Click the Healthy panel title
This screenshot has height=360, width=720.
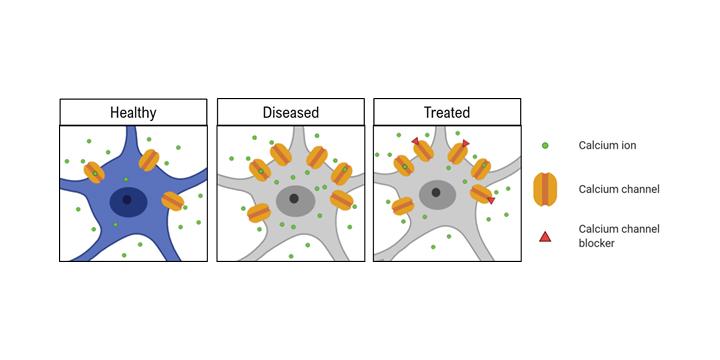pyautogui.click(x=133, y=112)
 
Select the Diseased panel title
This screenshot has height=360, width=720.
pyautogui.click(x=291, y=112)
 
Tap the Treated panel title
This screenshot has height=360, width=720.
pyautogui.click(x=447, y=112)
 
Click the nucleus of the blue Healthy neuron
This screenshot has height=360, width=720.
pyautogui.click(x=129, y=201)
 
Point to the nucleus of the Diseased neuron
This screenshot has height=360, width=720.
pyautogui.click(x=295, y=200)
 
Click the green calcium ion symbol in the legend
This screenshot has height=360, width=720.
pyautogui.click(x=545, y=146)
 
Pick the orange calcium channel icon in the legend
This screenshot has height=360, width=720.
pyautogui.click(x=545, y=189)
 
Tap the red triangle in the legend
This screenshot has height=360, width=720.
pyautogui.click(x=545, y=237)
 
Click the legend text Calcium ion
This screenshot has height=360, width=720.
pyautogui.click(x=607, y=146)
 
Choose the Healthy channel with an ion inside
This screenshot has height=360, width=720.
pyautogui.click(x=95, y=173)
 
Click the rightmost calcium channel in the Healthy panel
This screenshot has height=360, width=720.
pyautogui.click(x=173, y=201)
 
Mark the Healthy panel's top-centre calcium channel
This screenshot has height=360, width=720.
pyautogui.click(x=149, y=160)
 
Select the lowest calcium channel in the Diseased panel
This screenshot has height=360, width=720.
pyautogui.click(x=259, y=213)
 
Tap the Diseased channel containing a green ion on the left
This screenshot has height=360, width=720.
pyautogui.click(x=260, y=170)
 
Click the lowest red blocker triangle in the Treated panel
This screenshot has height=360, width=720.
pyautogui.click(x=491, y=201)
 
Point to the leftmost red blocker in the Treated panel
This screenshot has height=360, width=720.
pyautogui.click(x=416, y=141)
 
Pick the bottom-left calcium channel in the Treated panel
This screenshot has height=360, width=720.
pyautogui.click(x=403, y=206)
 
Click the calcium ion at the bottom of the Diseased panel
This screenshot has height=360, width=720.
pyautogui.click(x=291, y=256)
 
